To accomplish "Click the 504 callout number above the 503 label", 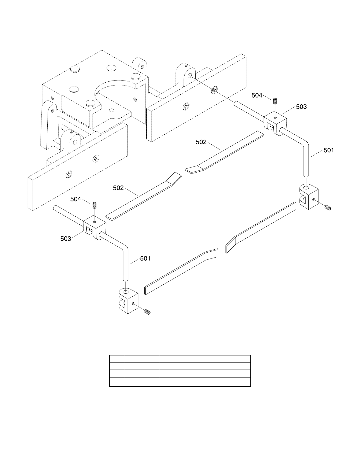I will point(257,95).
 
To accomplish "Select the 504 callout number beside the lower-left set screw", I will point(76,199).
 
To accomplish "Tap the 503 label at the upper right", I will point(301,107).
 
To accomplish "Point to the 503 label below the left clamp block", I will point(66,239).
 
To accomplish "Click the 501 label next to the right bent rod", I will point(329,150).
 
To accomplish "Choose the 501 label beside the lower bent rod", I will point(145,258).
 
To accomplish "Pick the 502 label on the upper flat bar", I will point(201,142).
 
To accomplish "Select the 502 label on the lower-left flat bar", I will point(118,188).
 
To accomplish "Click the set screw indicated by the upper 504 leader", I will point(275,101).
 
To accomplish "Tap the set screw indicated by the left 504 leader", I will point(94,205).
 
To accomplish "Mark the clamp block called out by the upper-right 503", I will point(275,122).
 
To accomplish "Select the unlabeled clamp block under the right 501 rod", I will point(309,197).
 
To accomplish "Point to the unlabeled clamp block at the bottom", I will point(128,301).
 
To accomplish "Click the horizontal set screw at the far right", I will point(328,208).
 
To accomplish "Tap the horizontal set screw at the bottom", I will point(147,312).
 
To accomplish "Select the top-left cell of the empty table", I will point(117,359).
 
